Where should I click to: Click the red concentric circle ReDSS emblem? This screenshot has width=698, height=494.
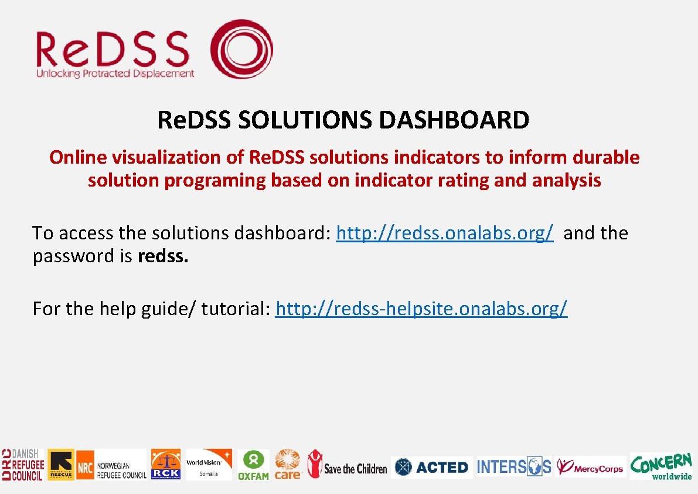coord(241,49)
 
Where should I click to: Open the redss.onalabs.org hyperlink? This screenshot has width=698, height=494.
coord(445,233)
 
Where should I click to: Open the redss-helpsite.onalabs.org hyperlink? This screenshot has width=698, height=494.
coord(421,308)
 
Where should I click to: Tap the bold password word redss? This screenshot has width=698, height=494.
coord(163,256)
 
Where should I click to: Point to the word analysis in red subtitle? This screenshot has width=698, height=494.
coord(566,180)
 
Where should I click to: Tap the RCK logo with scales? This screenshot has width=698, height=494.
coord(166,465)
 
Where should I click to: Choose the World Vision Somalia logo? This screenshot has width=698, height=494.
coord(209,465)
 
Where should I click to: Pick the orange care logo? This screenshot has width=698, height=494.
coord(288,465)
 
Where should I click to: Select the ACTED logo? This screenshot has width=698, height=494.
coord(431,467)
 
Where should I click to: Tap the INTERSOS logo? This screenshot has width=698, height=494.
coord(514,466)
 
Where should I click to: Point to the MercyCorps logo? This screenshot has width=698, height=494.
coord(590,467)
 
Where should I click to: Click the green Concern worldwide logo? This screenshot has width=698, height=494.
coord(661,466)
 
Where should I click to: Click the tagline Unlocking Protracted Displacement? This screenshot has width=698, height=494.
coord(115,73)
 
